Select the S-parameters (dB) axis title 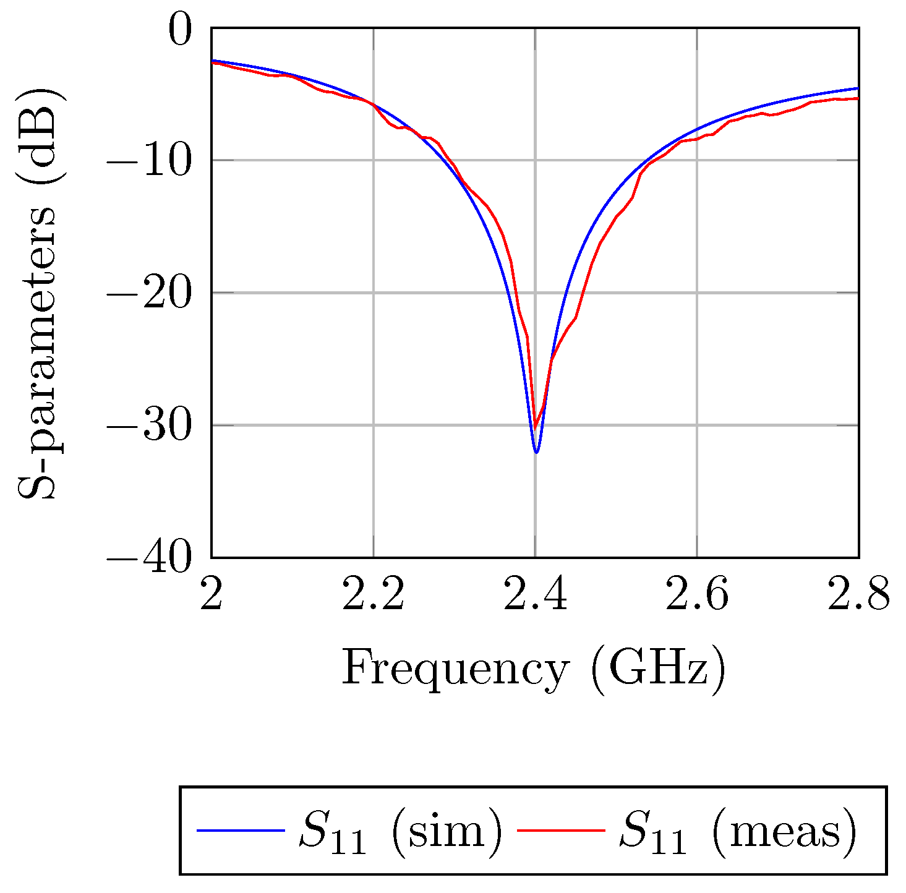click(38, 293)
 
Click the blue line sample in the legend click(241, 831)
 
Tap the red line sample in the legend click(560, 831)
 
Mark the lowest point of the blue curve click(536, 452)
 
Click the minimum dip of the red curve click(536, 427)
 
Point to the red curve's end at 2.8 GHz click(858, 98)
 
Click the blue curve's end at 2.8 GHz click(858, 88)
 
